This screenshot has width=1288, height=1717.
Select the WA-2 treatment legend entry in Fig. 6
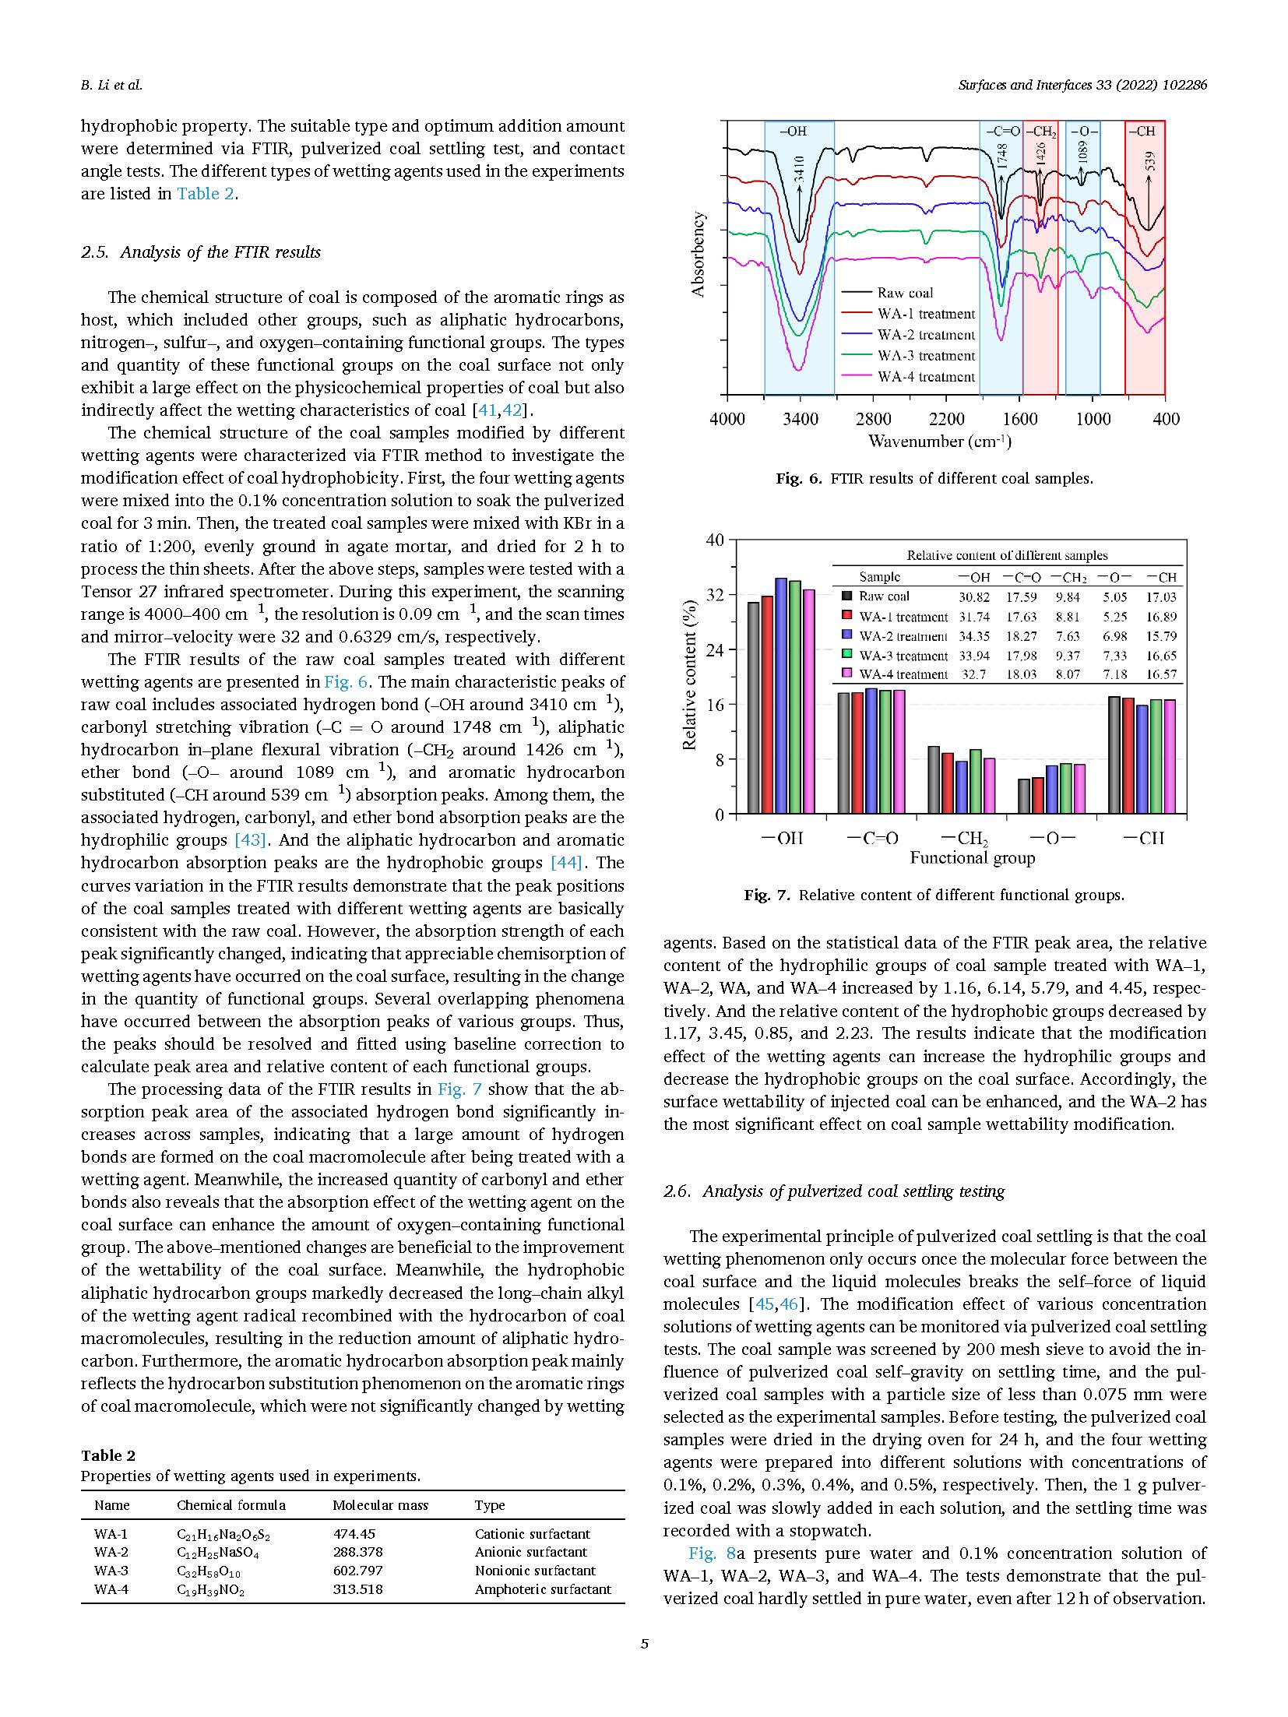925,335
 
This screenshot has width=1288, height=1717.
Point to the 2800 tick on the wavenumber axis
874,419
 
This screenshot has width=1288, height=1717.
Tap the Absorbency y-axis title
698,254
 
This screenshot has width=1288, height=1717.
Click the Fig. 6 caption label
798,479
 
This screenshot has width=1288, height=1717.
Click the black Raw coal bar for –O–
1024,796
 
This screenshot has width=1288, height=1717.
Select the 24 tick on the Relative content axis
714,650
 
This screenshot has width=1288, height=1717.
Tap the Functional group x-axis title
972,858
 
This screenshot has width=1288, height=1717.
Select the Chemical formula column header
231,1505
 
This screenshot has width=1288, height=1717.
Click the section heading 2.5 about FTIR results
201,252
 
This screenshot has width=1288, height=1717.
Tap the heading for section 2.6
834,1191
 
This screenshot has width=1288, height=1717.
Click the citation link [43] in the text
251,840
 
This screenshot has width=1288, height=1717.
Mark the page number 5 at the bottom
644,1644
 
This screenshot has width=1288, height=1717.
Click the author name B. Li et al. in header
111,85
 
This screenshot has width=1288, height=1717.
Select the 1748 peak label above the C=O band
1002,157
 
